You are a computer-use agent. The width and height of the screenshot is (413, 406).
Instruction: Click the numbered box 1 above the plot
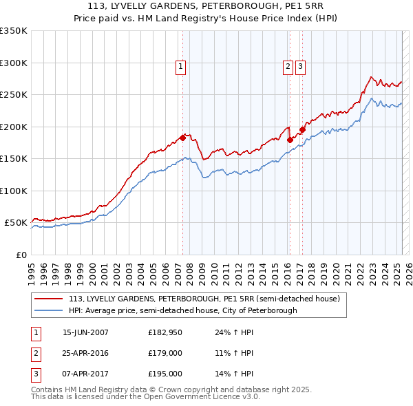pyautogui.click(x=180, y=67)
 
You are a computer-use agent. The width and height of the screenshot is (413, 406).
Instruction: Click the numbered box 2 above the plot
pyautogui.click(x=287, y=67)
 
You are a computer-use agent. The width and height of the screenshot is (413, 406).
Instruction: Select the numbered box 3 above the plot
pyautogui.click(x=301, y=67)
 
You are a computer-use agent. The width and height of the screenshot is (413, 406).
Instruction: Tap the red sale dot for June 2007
pyautogui.click(x=182, y=138)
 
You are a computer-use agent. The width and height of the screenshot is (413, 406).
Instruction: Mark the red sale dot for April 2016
pyautogui.click(x=290, y=140)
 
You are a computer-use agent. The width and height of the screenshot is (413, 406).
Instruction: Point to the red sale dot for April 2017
pyautogui.click(x=302, y=129)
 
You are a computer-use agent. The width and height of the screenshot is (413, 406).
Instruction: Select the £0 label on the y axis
pyautogui.click(x=21, y=255)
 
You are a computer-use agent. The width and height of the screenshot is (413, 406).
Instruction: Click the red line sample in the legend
pyautogui.click(x=50, y=299)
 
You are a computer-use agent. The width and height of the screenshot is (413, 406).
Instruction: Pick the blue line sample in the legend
pyautogui.click(x=50, y=310)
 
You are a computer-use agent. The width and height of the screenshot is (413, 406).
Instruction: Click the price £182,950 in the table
pyautogui.click(x=165, y=332)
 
